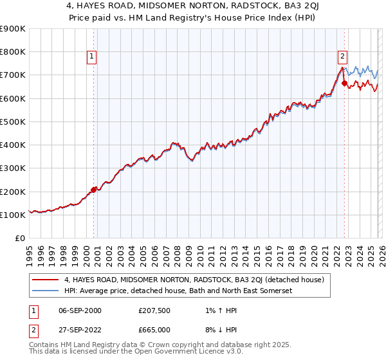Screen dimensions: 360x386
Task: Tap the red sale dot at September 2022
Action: tap(344, 83)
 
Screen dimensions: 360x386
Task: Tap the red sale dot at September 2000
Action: tap(94, 190)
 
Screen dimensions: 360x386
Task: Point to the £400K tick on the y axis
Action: tap(13, 145)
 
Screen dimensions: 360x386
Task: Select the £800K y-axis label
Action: tap(13, 51)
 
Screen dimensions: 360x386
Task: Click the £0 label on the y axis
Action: tap(20, 238)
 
